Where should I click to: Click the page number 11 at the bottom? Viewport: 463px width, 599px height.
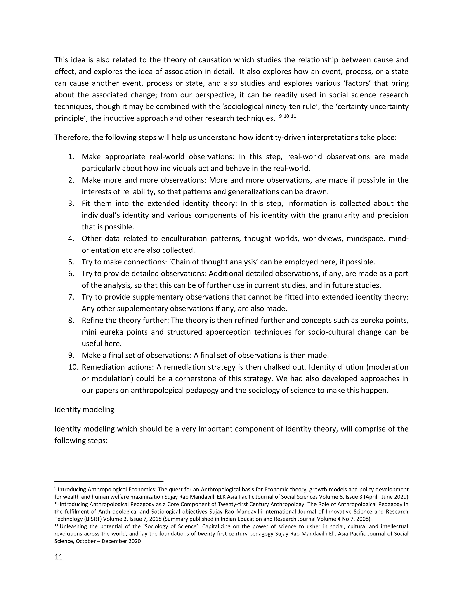59,557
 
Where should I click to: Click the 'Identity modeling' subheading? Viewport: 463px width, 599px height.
84,410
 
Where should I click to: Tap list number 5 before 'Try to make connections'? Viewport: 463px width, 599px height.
71,262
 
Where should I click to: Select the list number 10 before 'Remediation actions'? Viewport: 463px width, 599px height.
73,367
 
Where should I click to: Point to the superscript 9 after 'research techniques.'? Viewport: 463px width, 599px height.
280,116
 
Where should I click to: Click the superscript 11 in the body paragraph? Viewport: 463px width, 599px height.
293,116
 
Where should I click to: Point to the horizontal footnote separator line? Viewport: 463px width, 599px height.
109,481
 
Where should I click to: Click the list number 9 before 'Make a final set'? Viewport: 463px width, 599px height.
71,356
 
